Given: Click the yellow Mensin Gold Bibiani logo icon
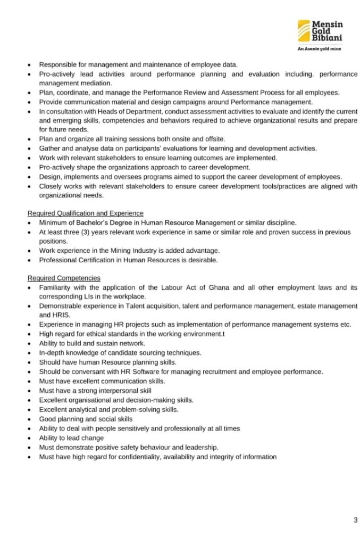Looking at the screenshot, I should [x=304, y=30].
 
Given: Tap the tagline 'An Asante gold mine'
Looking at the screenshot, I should [x=319, y=48].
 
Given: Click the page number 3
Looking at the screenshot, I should [x=355, y=520].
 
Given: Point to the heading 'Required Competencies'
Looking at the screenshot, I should [x=64, y=278].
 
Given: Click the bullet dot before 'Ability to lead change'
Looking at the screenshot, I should [x=30, y=438].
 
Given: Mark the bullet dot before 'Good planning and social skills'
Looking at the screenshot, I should [x=30, y=419].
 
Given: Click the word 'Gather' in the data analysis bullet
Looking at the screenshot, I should [x=49, y=148].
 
